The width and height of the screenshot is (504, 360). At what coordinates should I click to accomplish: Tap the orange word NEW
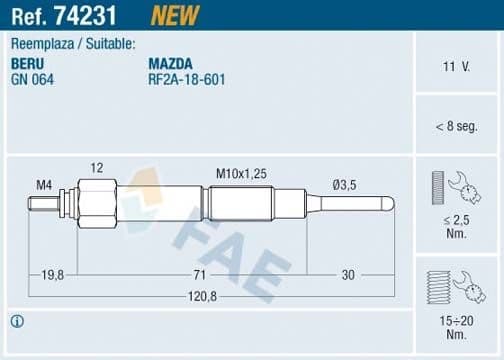(175, 15)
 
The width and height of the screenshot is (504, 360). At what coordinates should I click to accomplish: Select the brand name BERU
(27, 63)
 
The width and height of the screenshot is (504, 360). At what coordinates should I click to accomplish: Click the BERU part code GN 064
(32, 78)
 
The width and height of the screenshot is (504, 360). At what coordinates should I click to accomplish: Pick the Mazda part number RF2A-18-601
(186, 78)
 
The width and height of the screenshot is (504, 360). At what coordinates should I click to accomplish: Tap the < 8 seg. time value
(456, 127)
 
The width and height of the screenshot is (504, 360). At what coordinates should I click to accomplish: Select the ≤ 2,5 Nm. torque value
(457, 225)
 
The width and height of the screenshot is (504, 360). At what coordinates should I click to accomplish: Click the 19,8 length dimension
(54, 273)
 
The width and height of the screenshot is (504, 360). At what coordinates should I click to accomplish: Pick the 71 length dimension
(200, 273)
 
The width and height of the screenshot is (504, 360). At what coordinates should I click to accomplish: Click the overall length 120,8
(201, 297)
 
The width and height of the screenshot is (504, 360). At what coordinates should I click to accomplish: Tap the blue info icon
(16, 321)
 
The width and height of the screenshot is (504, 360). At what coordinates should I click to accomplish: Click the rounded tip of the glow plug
(390, 203)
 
